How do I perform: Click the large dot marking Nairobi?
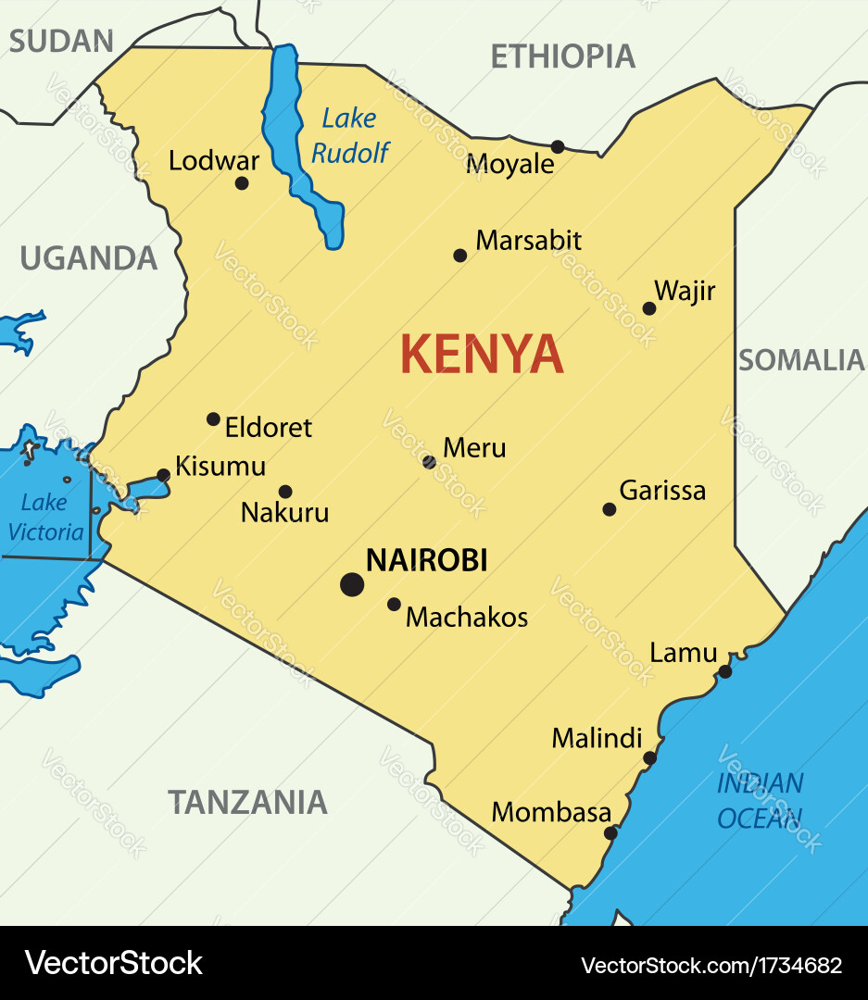tap(352, 584)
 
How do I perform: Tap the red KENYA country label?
tap(482, 355)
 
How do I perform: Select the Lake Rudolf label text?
tap(349, 135)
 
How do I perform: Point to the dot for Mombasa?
tap(610, 832)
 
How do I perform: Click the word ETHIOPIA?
tap(562, 56)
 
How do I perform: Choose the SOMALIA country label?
tap(800, 360)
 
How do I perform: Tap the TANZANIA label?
tap(247, 802)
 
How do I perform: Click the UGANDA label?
tap(89, 259)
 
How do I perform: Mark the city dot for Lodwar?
tap(242, 183)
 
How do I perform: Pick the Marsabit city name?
tap(528, 241)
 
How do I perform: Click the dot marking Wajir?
tap(649, 308)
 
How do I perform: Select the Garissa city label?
tap(662, 491)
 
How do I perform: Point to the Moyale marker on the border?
tap(558, 146)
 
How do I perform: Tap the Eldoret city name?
tap(269, 428)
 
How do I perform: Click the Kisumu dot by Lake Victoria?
tap(164, 475)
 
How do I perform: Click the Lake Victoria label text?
tap(44, 518)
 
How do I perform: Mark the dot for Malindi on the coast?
tap(649, 757)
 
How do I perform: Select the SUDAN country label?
tap(61, 41)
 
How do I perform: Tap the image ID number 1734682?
tap(801, 965)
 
